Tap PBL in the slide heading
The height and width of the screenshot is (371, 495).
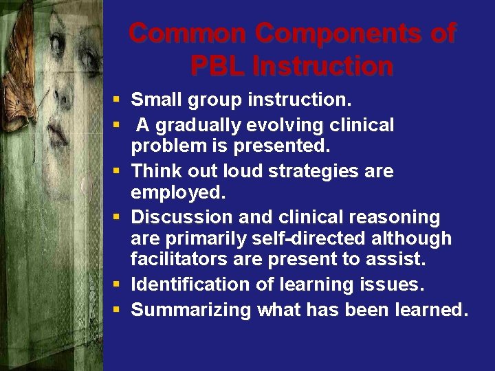(218, 66)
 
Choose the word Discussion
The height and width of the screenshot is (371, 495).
(181, 217)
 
